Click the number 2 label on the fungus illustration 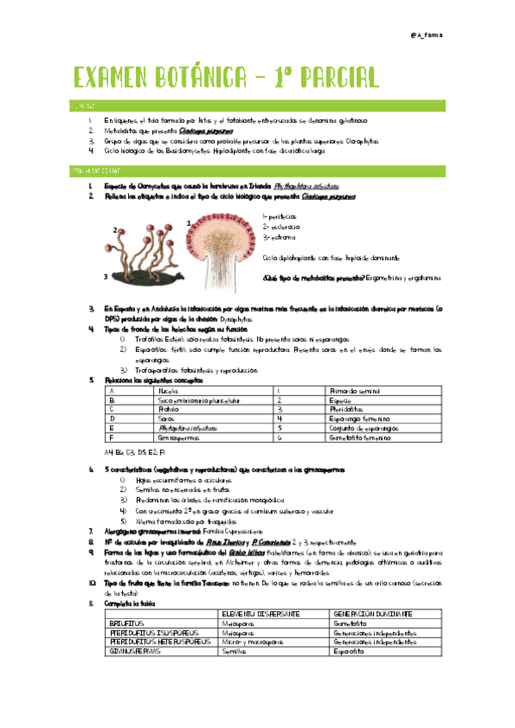coord(113,230)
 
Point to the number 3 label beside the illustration coord(105,276)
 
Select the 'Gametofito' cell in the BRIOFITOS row coord(349,623)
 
